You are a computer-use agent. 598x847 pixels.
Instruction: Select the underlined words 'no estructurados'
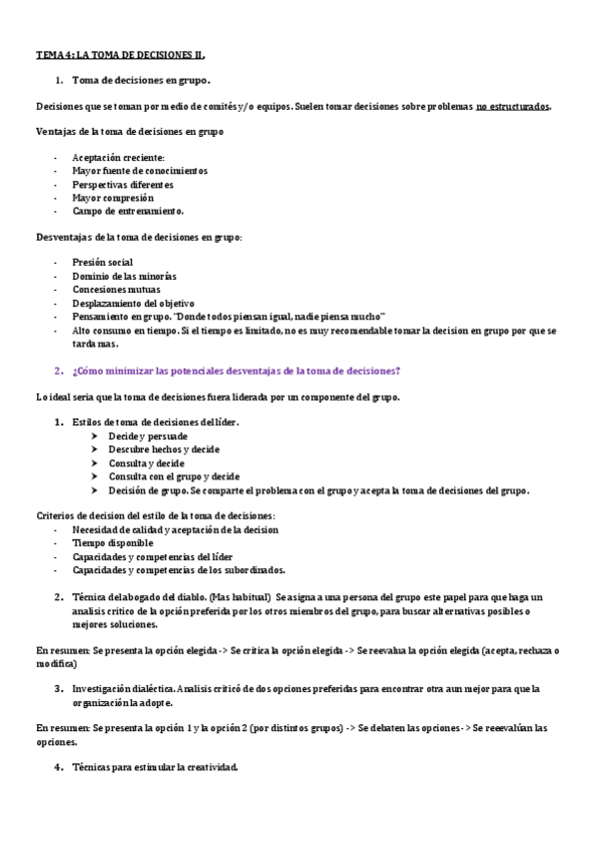point(512,105)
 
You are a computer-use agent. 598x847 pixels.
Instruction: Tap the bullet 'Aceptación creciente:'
point(118,158)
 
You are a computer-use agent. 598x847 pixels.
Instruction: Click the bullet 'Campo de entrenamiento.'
point(128,211)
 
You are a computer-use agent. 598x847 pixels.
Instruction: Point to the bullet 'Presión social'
point(102,263)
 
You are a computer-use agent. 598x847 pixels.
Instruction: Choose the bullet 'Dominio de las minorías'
point(124,276)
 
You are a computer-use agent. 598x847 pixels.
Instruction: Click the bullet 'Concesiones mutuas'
point(116,290)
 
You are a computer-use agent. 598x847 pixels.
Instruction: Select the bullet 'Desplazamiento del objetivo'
point(133,303)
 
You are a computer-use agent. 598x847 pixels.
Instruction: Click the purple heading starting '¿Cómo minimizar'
point(237,371)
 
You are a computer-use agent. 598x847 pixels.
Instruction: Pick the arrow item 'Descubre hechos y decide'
point(164,449)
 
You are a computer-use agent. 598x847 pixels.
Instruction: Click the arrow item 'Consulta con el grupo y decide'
point(174,476)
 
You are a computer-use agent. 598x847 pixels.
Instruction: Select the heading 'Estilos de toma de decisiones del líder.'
point(156,423)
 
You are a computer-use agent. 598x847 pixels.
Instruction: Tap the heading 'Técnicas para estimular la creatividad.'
point(155,767)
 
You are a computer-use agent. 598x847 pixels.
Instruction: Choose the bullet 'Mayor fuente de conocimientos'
point(140,171)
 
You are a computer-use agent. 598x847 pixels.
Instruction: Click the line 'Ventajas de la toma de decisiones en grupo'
point(130,131)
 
